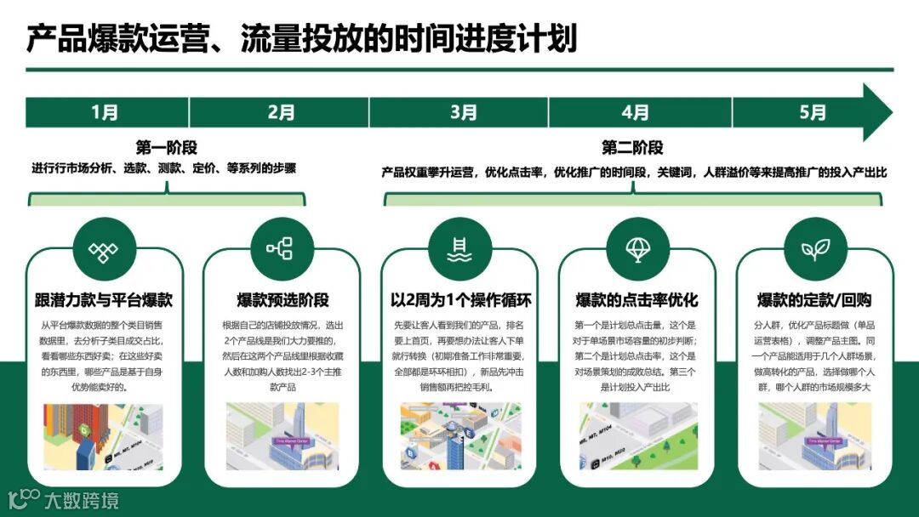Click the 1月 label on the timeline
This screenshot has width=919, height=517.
[x=106, y=112]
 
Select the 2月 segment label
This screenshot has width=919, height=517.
[x=281, y=112]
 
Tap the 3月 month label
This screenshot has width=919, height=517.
[x=464, y=112]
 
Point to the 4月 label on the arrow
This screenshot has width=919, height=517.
[x=636, y=112]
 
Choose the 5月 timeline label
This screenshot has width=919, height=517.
[x=813, y=112]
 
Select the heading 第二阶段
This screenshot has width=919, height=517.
[x=632, y=147]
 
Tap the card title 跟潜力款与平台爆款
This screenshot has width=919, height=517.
[x=104, y=299]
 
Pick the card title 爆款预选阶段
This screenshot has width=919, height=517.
[x=283, y=299]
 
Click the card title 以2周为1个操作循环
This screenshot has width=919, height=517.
[x=460, y=299]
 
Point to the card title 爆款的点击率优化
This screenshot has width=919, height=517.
[x=636, y=299]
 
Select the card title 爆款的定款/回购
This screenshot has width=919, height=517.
[x=814, y=299]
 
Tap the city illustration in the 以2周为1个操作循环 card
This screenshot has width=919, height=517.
[x=460, y=436]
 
